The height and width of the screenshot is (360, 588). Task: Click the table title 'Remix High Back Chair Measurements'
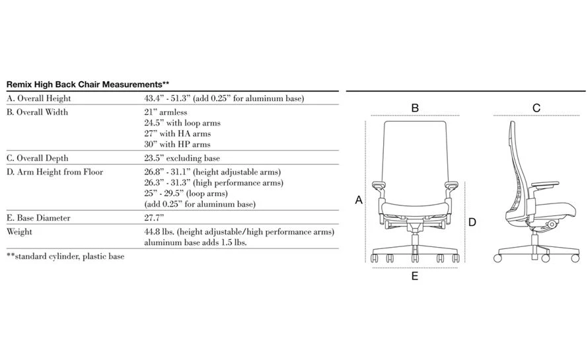(x=88, y=85)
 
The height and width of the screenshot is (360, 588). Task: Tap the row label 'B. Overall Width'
(x=37, y=112)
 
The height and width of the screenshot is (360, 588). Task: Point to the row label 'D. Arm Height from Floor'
(x=54, y=172)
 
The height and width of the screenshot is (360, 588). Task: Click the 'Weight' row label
(x=19, y=232)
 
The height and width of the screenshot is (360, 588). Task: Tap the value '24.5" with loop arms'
(x=182, y=123)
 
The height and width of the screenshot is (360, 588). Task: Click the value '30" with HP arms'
(x=177, y=144)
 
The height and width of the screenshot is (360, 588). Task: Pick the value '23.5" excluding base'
(x=182, y=159)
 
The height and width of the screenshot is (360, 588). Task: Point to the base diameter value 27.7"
(x=154, y=218)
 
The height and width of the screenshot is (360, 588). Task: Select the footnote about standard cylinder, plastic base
(x=65, y=256)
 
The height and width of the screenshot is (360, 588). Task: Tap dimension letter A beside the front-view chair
(x=359, y=199)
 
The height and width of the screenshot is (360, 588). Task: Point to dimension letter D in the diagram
(x=472, y=223)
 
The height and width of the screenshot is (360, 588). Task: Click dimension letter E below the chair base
(x=415, y=276)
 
